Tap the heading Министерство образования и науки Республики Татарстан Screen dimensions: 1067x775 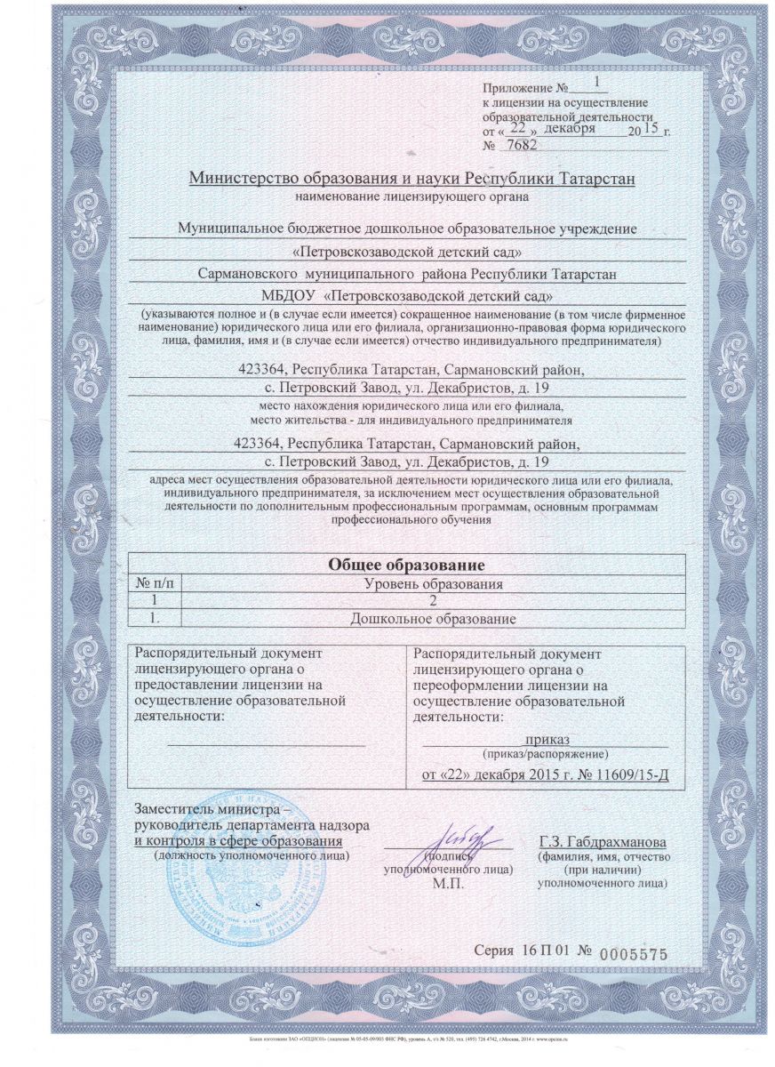point(411,178)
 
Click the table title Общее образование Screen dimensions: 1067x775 point(406,565)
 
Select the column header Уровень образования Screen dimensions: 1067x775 point(435,584)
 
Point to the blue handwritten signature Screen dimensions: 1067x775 point(467,837)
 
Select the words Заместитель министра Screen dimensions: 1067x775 point(206,811)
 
